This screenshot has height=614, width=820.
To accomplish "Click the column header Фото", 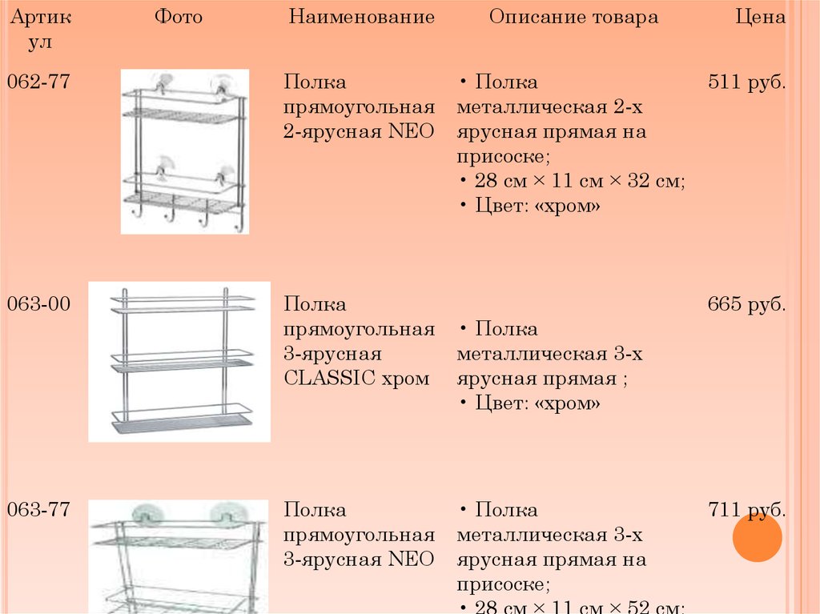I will pos(179,18).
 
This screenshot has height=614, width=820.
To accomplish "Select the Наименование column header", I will pos(361,18).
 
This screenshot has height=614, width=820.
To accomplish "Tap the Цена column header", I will pos(760,18).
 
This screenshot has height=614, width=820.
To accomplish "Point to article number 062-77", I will pos(38,82).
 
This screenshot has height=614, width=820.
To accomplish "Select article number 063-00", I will pos(38,304).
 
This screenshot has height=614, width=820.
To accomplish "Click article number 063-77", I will pos(38,510).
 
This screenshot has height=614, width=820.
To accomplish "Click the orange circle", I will pos(757,537).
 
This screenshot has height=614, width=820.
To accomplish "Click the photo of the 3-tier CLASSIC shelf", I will pos(179,362).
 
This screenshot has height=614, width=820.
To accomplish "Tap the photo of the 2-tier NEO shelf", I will pos(184,151).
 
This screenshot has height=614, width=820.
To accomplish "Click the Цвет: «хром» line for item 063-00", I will pos(537,404).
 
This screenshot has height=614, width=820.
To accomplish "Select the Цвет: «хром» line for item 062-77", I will pos(537,207).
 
